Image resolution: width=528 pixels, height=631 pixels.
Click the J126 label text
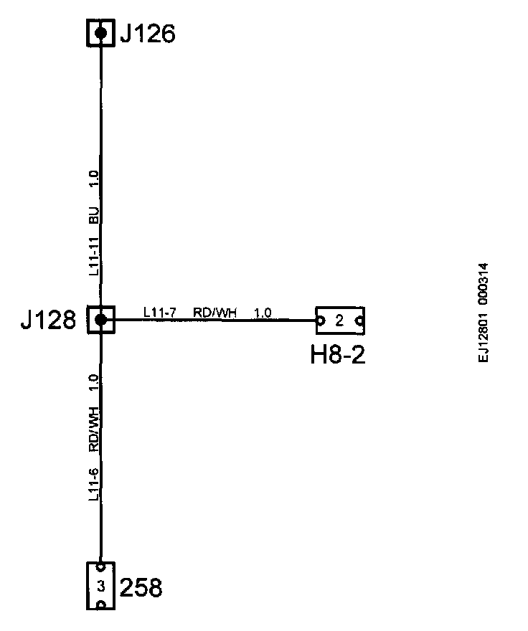[147, 34]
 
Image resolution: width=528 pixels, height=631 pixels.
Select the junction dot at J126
[101, 33]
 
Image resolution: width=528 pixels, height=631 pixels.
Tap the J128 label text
[48, 320]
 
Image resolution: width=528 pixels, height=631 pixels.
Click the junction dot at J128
[101, 320]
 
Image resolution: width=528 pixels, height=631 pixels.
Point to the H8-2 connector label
[338, 354]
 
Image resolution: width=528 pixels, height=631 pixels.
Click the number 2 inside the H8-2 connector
[339, 321]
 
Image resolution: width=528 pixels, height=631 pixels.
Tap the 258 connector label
[141, 589]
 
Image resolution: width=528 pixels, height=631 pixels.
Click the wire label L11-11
[94, 256]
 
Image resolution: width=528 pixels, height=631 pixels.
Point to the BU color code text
[94, 216]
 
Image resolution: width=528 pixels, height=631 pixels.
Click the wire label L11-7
[160, 312]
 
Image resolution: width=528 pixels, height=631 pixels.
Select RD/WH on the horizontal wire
[215, 312]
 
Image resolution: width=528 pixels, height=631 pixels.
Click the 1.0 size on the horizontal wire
[263, 312]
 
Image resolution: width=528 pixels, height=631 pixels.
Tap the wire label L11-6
[94, 484]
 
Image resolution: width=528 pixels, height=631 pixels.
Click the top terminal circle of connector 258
[101, 565]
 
